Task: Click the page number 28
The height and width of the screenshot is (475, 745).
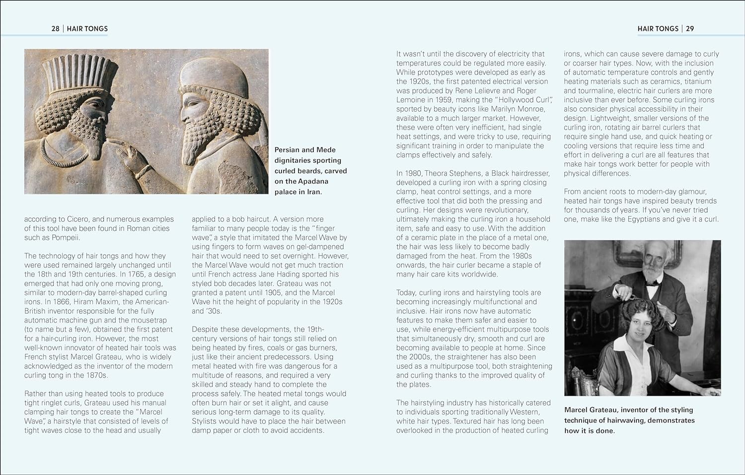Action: pyautogui.click(x=55, y=29)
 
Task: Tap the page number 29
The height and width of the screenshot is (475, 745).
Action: pyautogui.click(x=690, y=29)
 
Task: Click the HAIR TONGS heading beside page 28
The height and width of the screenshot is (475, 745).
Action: pyautogui.click(x=87, y=29)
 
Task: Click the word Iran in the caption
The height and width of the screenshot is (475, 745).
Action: pyautogui.click(x=313, y=192)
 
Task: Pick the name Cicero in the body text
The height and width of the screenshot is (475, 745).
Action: pyautogui.click(x=77, y=219)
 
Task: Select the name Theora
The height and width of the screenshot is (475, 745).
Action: pyautogui.click(x=448, y=173)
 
